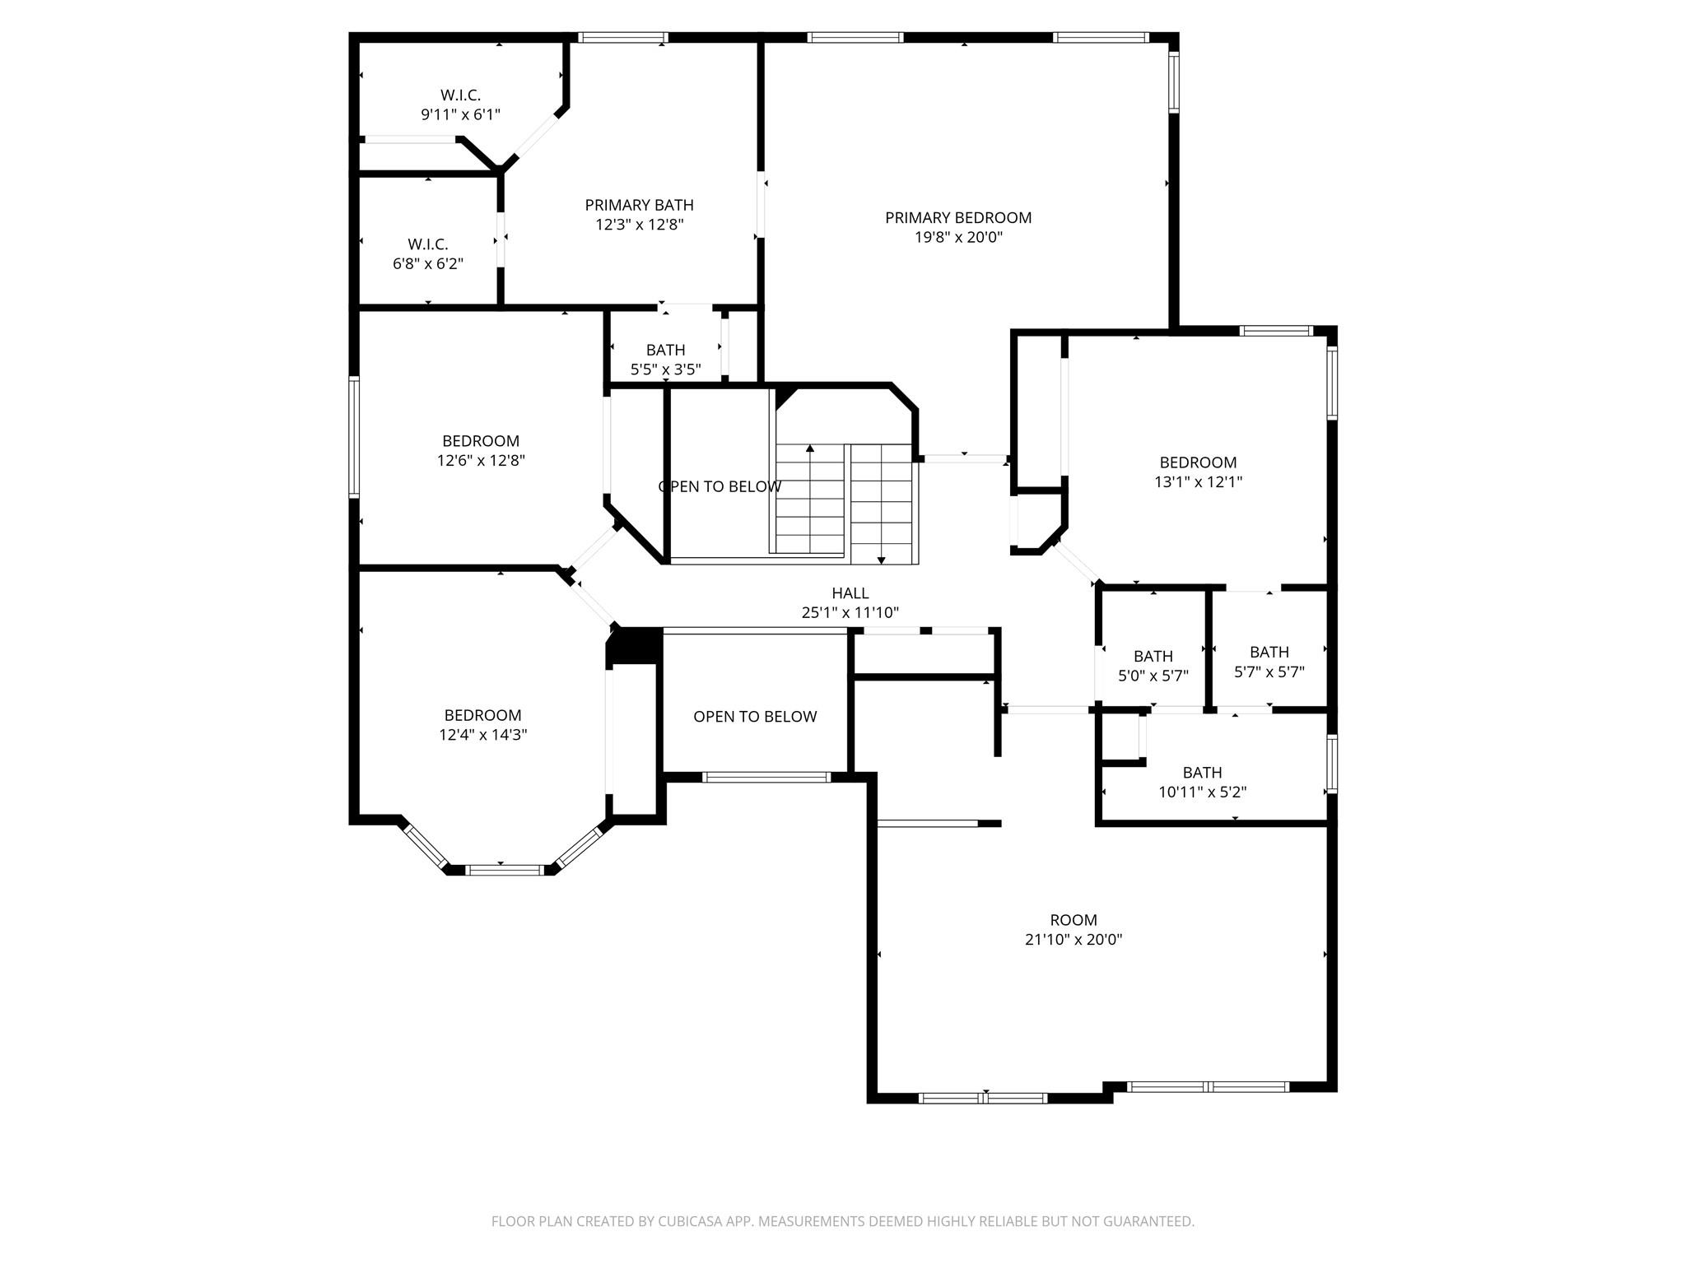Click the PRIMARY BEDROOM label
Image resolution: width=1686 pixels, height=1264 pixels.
957,218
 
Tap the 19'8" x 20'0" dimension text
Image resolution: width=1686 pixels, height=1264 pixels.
957,238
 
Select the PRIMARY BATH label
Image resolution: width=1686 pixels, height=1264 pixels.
639,205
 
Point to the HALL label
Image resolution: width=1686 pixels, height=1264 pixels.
850,593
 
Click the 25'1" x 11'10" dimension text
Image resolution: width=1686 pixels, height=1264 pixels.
850,613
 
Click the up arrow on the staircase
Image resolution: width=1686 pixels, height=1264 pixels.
810,449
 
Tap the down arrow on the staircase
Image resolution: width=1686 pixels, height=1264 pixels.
881,560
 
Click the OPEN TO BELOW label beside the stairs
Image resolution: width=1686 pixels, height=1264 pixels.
720,487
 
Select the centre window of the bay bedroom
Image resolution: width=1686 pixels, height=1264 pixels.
505,869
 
